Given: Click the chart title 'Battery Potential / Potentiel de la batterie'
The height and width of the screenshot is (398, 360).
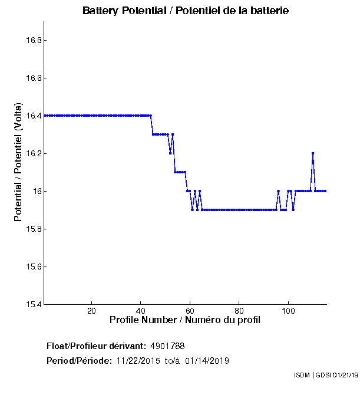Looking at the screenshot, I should (x=186, y=11).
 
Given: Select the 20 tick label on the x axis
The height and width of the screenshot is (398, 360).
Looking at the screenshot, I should (x=91, y=311).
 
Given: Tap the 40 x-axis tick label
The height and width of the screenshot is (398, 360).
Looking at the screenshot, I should (x=141, y=311).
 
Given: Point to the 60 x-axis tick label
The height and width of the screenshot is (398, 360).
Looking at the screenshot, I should (x=190, y=311).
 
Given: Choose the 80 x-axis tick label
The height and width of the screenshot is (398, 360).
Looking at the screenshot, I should (x=239, y=311).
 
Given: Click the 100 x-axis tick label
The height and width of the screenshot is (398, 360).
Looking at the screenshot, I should (x=288, y=311).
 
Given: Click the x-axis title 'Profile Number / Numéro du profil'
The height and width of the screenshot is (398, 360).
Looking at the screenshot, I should (x=185, y=320).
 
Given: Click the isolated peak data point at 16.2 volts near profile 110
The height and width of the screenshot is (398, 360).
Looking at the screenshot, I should (x=313, y=153).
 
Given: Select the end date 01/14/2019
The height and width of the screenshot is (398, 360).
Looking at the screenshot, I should (x=207, y=361).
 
